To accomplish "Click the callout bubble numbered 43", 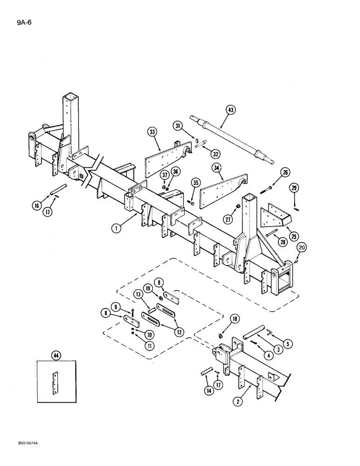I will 231,110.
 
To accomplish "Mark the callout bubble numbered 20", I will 301,247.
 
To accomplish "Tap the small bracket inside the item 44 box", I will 56,383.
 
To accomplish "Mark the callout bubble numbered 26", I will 285,172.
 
